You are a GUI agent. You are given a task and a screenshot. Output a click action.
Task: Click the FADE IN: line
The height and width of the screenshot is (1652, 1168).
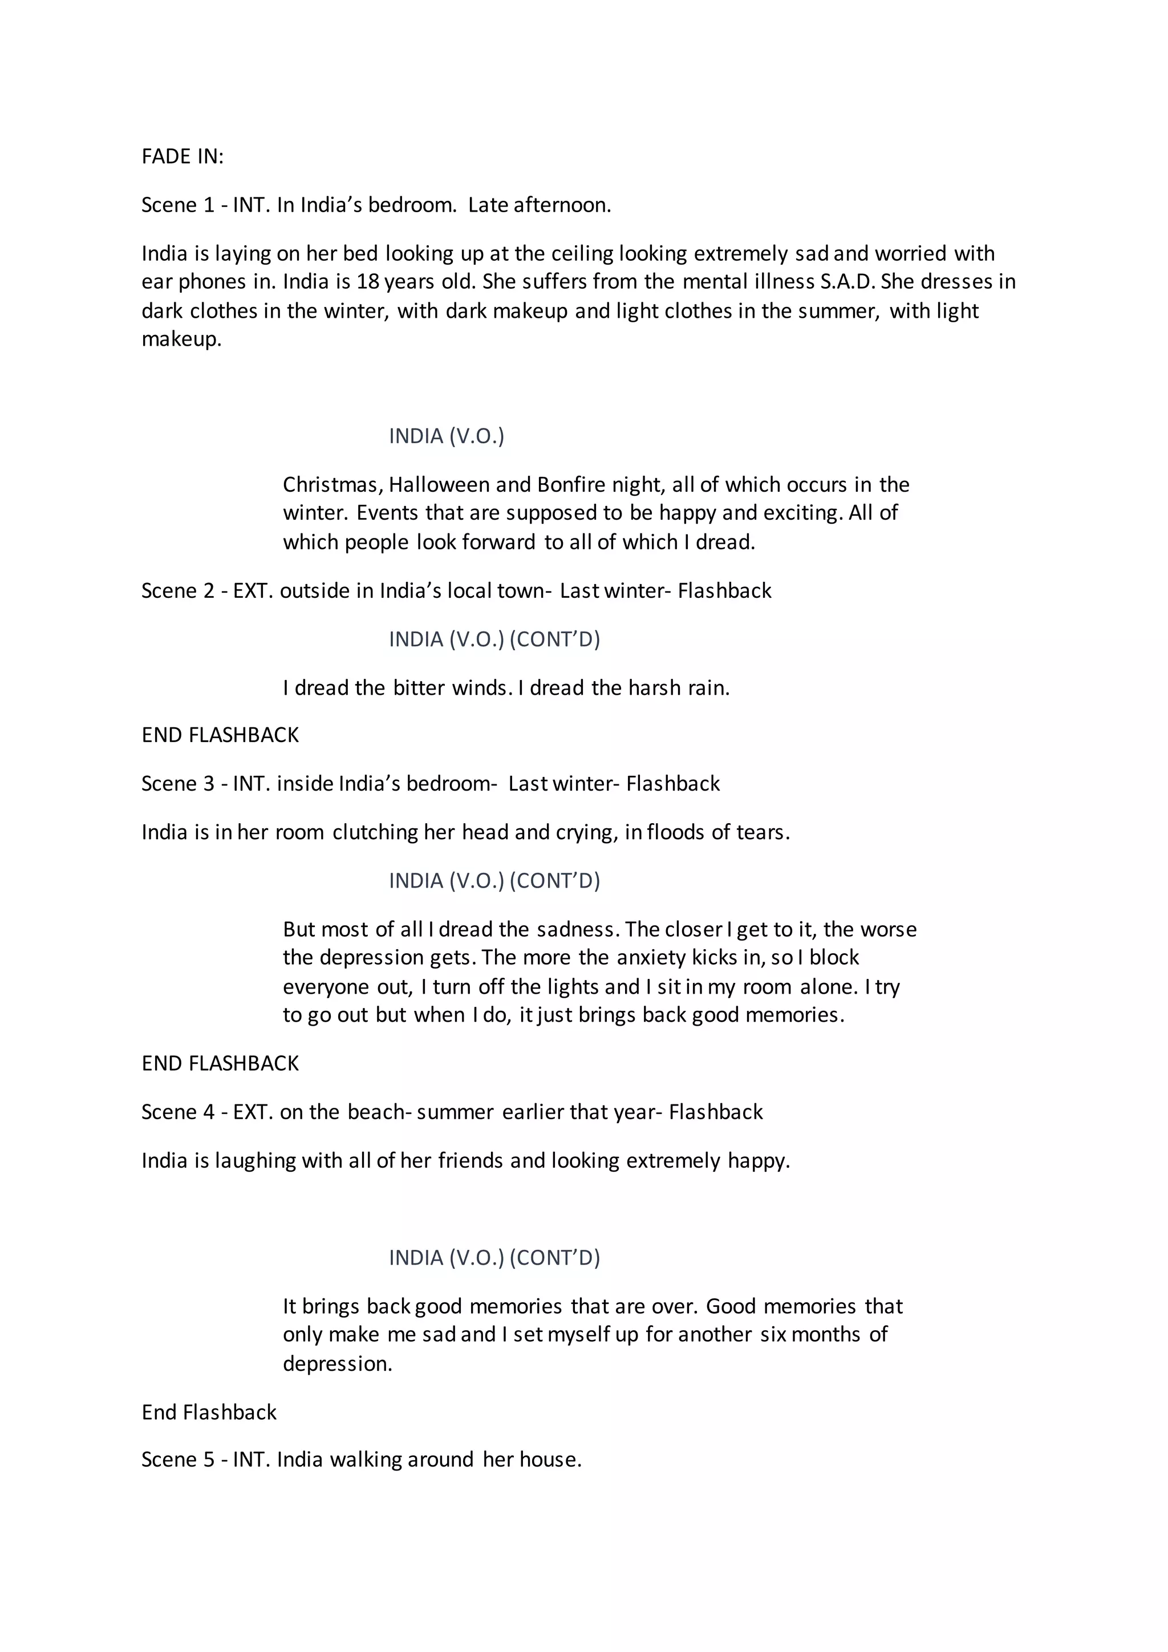(182, 156)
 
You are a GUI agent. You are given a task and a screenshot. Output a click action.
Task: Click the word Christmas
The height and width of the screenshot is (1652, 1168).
(331, 485)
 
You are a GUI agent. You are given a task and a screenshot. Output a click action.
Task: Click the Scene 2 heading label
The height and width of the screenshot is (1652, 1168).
(177, 591)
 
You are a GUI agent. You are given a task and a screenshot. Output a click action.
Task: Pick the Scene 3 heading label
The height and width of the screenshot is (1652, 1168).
(177, 784)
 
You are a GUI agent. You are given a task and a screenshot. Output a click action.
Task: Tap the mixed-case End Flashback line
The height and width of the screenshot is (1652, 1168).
(209, 1412)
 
